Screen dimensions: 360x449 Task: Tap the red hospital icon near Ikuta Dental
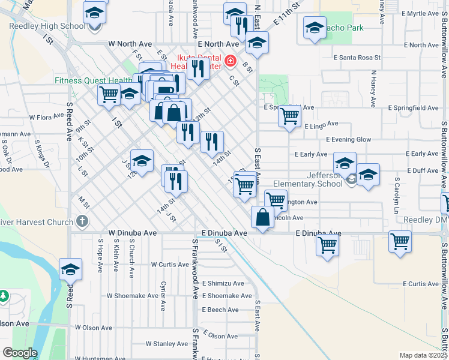229,61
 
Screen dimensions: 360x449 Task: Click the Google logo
19,353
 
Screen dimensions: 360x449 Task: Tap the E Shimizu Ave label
223,283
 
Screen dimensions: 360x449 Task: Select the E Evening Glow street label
348,139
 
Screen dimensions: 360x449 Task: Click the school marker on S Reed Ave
71,270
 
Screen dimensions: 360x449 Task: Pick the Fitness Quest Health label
93,80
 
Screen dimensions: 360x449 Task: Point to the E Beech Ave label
220,310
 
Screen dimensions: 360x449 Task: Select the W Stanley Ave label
167,344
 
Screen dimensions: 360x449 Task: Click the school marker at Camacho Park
315,28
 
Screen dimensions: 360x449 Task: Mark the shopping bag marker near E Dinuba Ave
263,218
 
